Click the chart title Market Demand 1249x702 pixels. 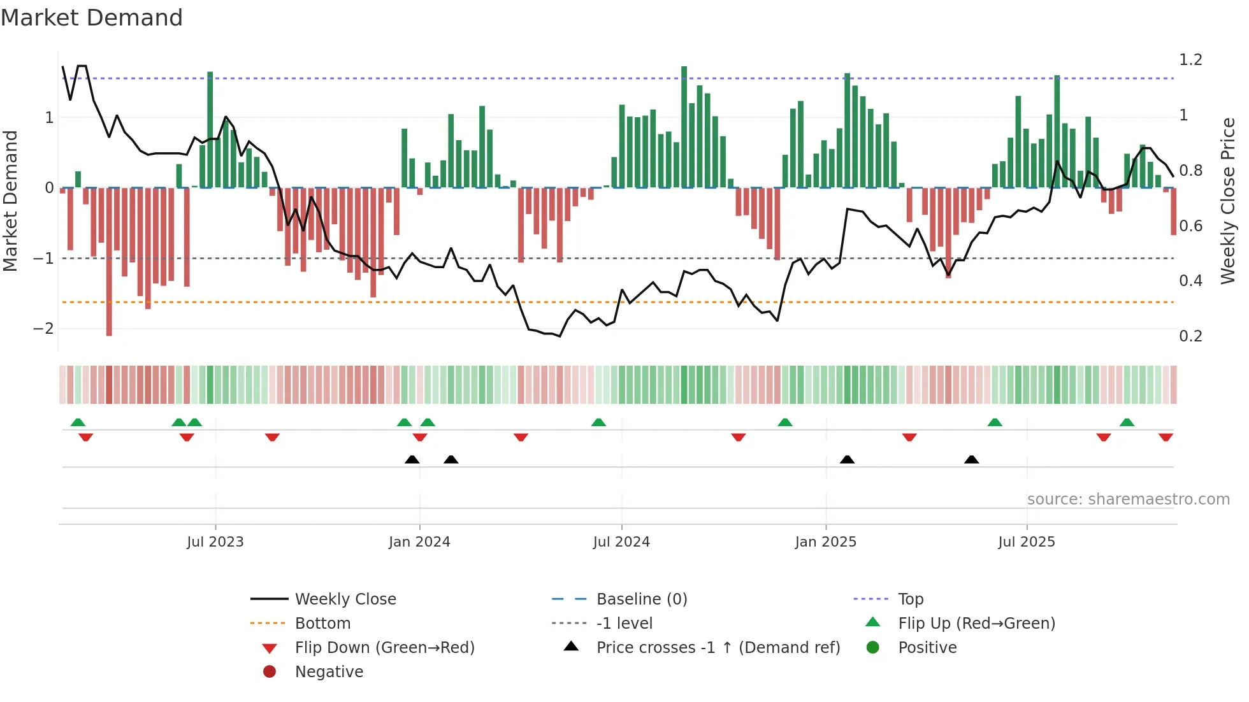92,18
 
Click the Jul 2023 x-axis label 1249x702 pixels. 215,542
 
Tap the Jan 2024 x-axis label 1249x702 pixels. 419,542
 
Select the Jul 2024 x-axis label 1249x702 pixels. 621,542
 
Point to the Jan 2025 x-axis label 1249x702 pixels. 826,542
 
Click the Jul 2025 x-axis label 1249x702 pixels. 1027,542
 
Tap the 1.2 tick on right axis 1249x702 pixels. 1190,60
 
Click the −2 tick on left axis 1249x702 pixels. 43,329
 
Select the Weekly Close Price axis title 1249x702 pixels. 1228,201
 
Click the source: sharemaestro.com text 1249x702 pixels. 1128,499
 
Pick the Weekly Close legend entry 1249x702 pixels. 345,599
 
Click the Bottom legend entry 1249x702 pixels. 322,624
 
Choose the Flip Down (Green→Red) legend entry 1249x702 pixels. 384,648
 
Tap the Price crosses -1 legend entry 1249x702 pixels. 718,648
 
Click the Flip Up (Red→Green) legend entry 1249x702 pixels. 976,624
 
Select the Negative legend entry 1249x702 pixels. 329,672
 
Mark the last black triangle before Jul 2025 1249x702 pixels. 971,460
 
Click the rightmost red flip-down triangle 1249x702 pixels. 1166,438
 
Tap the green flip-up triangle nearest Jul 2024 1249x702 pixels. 598,422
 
